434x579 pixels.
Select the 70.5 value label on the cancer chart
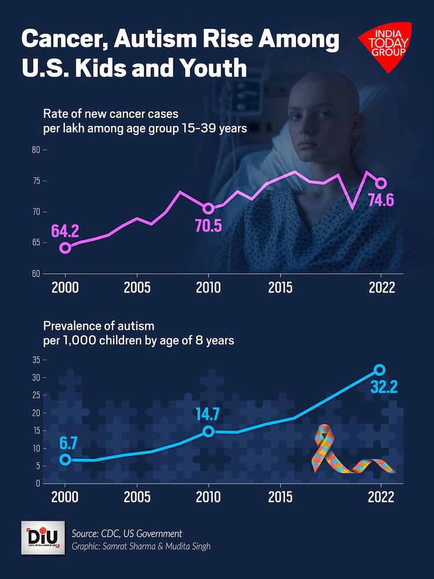[208, 226]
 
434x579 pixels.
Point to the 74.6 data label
[381, 201]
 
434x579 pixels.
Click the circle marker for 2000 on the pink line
[65, 248]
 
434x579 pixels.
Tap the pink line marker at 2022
[381, 184]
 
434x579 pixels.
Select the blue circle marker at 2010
[208, 431]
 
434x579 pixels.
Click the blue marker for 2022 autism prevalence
[380, 369]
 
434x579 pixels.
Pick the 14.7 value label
[208, 414]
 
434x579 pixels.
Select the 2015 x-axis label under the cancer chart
[280, 287]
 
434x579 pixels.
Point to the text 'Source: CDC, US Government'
[127, 533]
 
